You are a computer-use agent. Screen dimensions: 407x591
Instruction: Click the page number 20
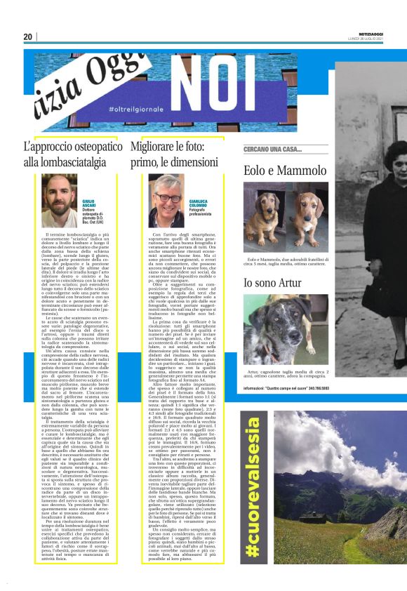tap(28, 36)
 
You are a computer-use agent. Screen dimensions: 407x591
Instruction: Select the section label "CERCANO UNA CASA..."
tap(272, 150)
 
